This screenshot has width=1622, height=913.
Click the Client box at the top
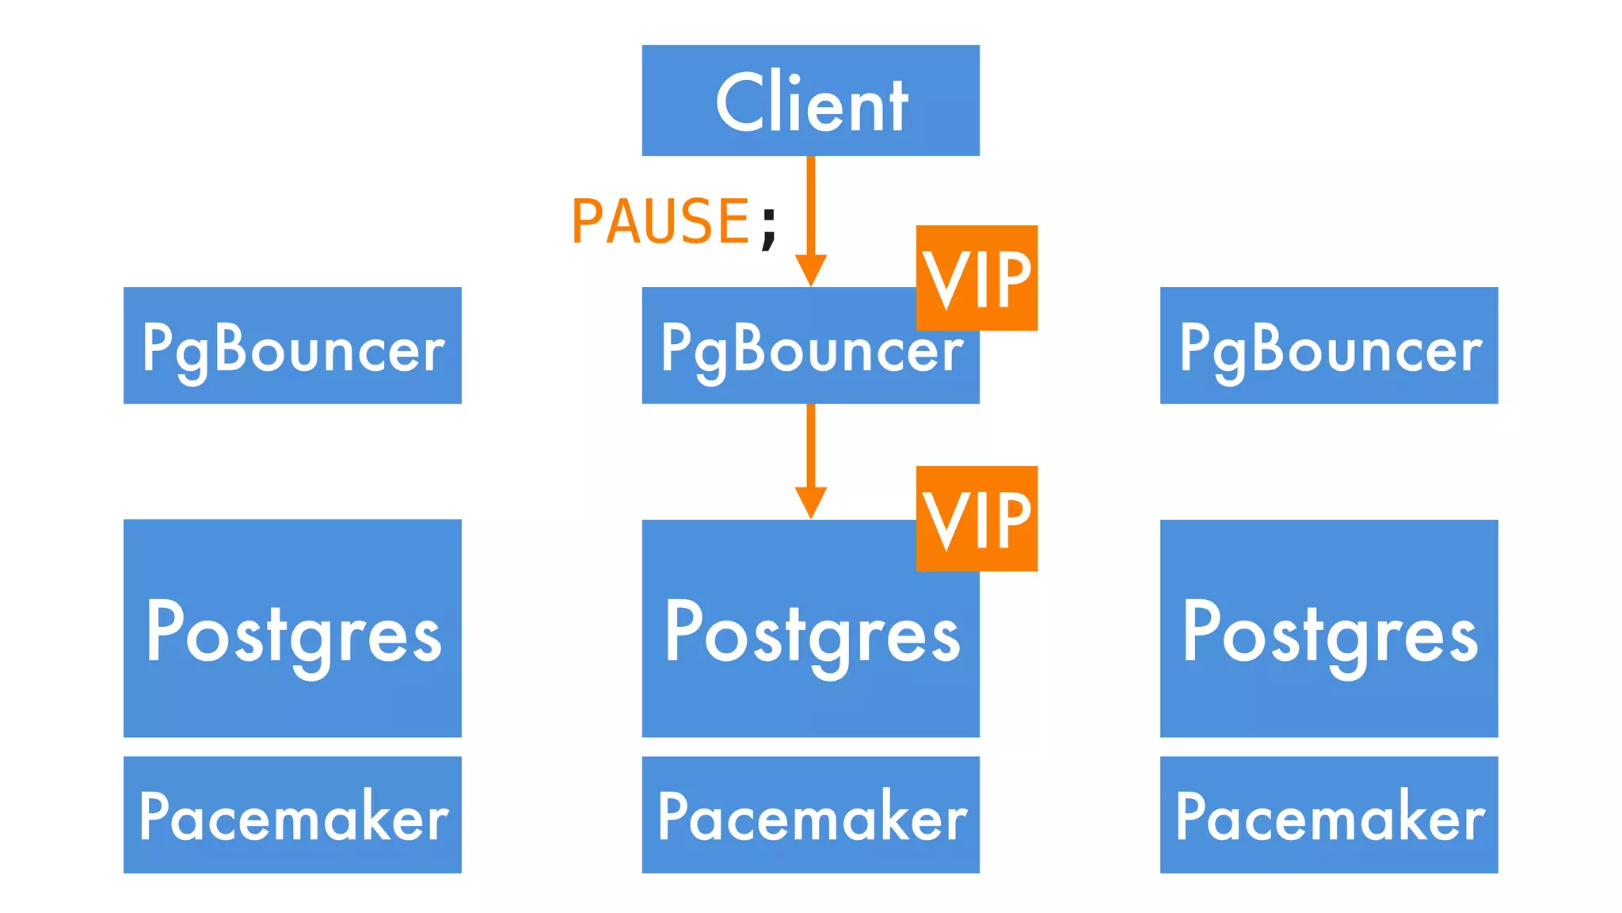pyautogui.click(x=810, y=101)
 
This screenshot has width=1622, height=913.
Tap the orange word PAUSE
pyautogui.click(x=660, y=221)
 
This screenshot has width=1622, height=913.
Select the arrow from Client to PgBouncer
pyautogui.click(x=810, y=206)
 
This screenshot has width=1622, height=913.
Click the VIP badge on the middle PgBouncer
pyautogui.click(x=977, y=278)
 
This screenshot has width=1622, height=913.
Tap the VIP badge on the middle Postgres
pyautogui.click(x=977, y=519)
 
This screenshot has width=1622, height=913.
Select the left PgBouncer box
pyautogui.click(x=292, y=346)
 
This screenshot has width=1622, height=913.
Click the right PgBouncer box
pyautogui.click(x=1329, y=346)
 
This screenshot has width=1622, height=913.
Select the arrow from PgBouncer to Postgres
pyautogui.click(x=810, y=448)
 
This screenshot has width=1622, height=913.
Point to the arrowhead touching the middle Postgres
pyautogui.click(x=810, y=502)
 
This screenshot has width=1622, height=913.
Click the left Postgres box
pyautogui.click(x=292, y=628)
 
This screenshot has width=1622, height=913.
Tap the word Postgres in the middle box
pyautogui.click(x=812, y=634)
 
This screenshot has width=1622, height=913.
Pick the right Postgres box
pyautogui.click(x=1329, y=628)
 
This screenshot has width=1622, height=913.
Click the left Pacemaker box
pyautogui.click(x=292, y=815)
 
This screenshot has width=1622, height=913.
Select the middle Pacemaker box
pyautogui.click(x=810, y=815)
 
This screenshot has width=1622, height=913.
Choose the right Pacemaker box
pyautogui.click(x=1329, y=815)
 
